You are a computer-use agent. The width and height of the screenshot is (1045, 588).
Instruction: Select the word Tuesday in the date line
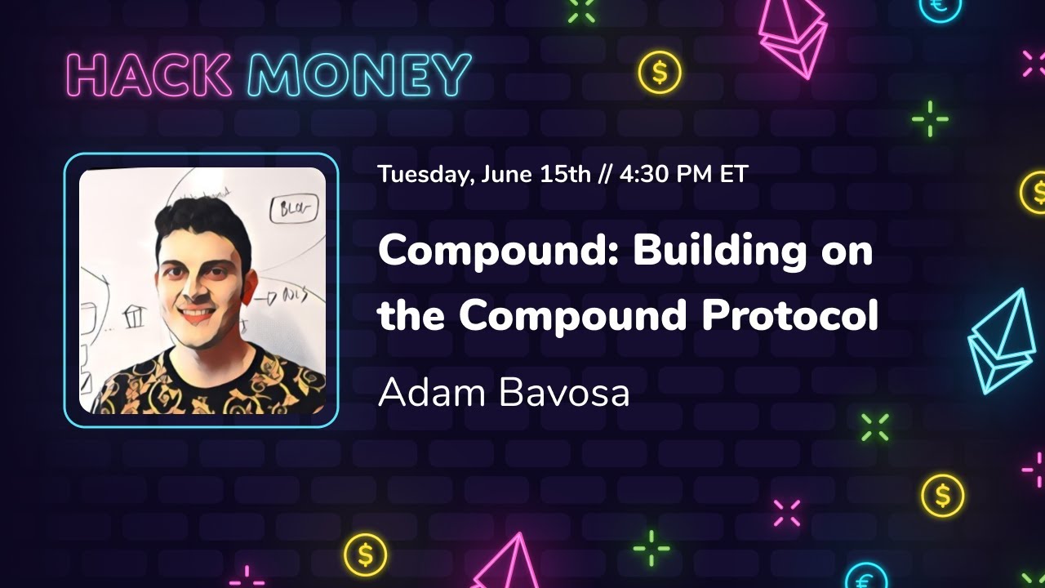pyautogui.click(x=423, y=174)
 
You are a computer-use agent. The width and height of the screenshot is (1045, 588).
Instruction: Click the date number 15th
pyautogui.click(x=565, y=174)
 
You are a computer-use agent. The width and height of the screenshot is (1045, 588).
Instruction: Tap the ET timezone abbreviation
pyautogui.click(x=733, y=174)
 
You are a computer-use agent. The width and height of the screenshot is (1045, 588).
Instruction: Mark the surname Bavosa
pyautogui.click(x=564, y=393)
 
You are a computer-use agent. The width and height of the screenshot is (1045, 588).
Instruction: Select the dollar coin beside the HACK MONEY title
pyautogui.click(x=660, y=73)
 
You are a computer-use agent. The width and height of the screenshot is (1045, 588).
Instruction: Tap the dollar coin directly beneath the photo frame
pyautogui.click(x=365, y=555)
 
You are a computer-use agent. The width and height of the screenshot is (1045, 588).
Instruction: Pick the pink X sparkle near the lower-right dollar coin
pyautogui.click(x=787, y=513)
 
